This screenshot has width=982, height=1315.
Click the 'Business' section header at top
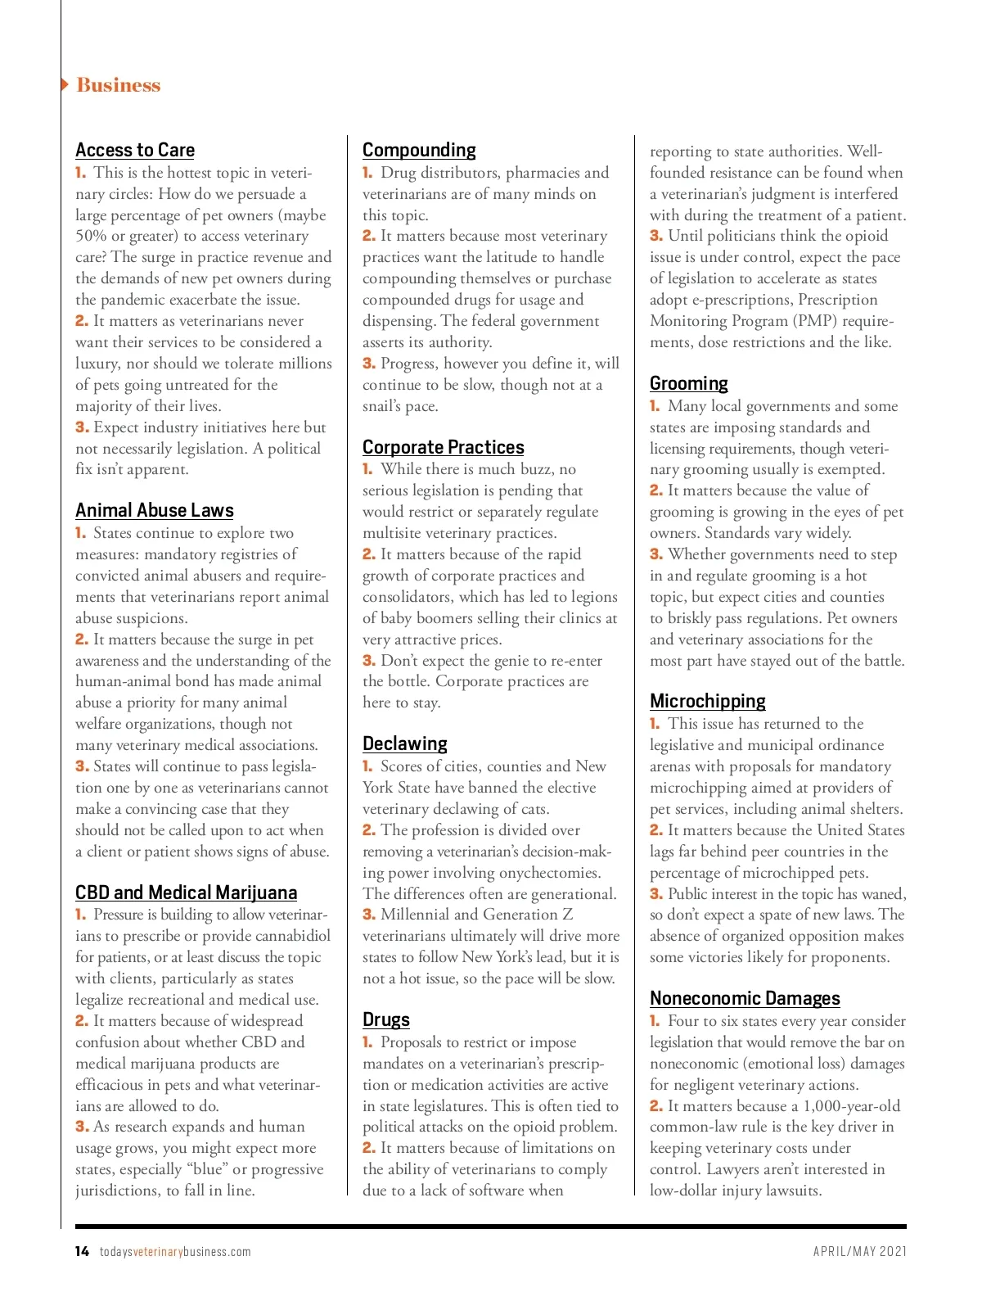[x=119, y=85]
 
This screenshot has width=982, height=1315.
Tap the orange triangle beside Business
[x=65, y=84]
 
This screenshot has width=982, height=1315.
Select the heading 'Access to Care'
[x=135, y=150]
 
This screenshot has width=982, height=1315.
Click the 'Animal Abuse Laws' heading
[x=155, y=510]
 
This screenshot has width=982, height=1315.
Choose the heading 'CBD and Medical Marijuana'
[x=186, y=892]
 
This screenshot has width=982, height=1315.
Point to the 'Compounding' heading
[x=419, y=150]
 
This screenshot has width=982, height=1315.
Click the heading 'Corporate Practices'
[x=444, y=447]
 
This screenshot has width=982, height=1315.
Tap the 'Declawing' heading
[x=405, y=743]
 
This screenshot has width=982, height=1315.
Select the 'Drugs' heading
[x=386, y=1019]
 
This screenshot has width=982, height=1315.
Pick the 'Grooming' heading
[x=689, y=383]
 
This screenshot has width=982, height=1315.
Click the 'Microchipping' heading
[x=708, y=701]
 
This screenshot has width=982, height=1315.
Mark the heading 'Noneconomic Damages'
[x=745, y=998]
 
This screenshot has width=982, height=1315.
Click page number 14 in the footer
[x=82, y=1251]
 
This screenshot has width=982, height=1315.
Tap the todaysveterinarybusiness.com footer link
[x=175, y=1252]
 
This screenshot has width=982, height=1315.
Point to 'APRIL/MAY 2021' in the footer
[x=859, y=1251]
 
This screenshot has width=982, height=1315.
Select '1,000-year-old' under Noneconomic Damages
[x=851, y=1106]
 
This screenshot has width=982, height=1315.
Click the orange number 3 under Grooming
[x=656, y=554]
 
